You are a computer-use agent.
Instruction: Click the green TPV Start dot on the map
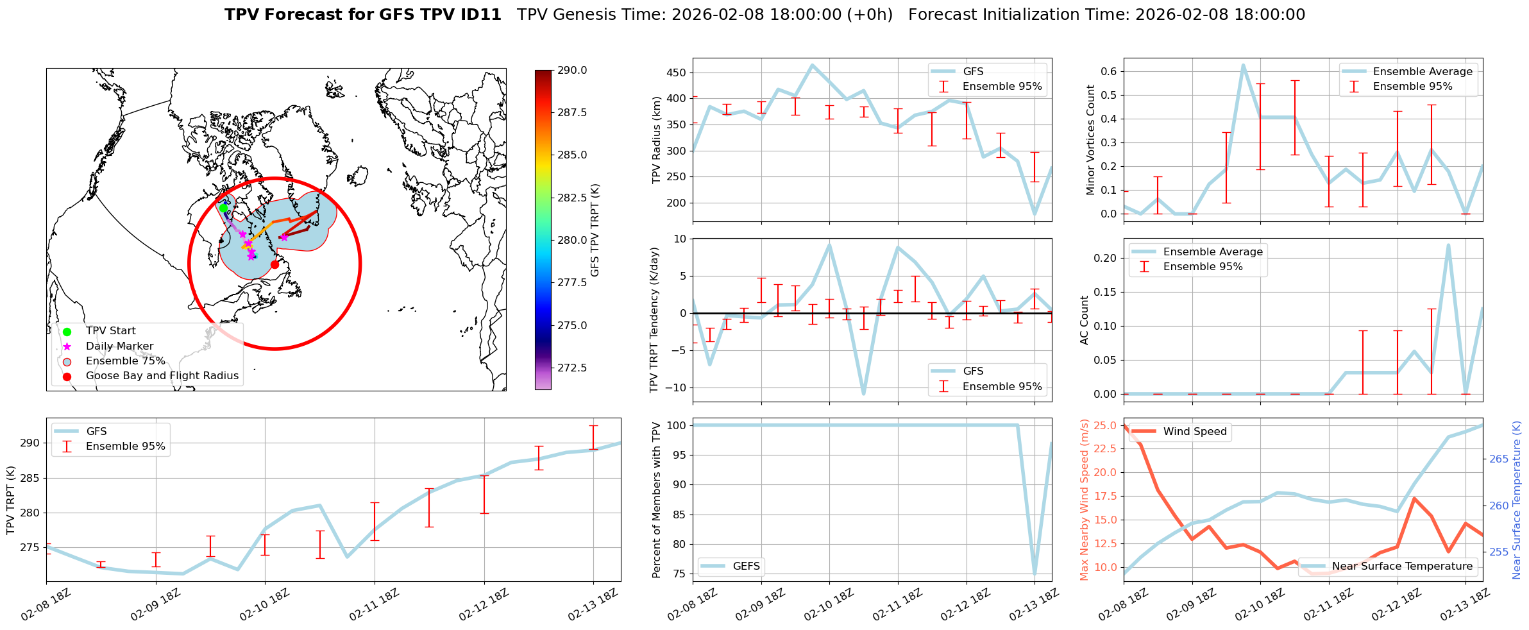click(x=223, y=208)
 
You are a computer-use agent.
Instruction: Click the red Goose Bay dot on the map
click(x=275, y=264)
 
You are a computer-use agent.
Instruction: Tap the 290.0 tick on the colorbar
click(x=572, y=71)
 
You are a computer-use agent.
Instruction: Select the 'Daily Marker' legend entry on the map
click(x=119, y=346)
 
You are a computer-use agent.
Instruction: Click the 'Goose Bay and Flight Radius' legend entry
click(x=162, y=376)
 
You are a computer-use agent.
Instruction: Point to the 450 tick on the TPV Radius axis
click(x=677, y=72)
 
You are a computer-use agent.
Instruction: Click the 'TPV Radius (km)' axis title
click(x=656, y=140)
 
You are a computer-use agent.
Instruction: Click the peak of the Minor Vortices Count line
click(x=1243, y=65)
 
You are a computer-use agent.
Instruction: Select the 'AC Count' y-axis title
click(x=1085, y=320)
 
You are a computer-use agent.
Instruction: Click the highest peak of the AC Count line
click(x=1448, y=245)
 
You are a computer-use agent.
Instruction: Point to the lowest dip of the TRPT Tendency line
click(x=864, y=393)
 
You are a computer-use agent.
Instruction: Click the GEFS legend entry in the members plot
click(x=746, y=566)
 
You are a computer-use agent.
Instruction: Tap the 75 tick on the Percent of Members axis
click(x=678, y=574)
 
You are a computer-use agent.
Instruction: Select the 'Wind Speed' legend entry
click(x=1194, y=432)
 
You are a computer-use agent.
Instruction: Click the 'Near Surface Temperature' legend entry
click(x=1402, y=566)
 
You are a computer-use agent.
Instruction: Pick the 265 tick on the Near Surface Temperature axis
click(x=1499, y=459)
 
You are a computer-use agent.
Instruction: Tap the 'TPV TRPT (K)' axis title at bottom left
click(x=11, y=500)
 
